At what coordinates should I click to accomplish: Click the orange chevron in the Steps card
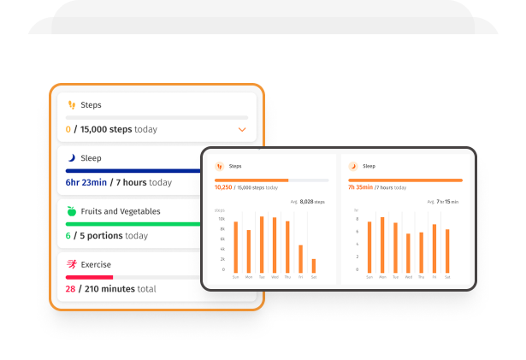coord(242,130)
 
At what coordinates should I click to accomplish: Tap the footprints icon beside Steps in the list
coord(72,104)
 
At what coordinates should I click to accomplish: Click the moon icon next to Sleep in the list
coord(72,158)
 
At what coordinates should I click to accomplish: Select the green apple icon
coord(72,211)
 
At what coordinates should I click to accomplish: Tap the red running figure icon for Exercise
coord(72,264)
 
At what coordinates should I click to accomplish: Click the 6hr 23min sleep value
coord(86,182)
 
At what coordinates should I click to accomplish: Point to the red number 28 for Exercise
coord(70,289)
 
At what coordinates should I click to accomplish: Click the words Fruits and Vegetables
coord(121,211)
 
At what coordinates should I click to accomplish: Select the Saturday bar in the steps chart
coord(314,265)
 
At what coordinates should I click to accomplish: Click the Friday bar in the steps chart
coord(301,258)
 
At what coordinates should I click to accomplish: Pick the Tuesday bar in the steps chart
coord(262,245)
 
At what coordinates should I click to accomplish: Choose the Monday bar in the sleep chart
coord(381,245)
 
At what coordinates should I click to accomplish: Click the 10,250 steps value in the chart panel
coord(224,187)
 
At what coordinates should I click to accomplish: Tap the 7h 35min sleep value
coord(360,187)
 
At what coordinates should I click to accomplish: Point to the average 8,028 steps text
coord(308,202)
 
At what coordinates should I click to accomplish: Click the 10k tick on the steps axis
coord(221,228)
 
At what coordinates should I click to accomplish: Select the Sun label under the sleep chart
coord(369,277)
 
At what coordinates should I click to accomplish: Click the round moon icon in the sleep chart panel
coord(352,166)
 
